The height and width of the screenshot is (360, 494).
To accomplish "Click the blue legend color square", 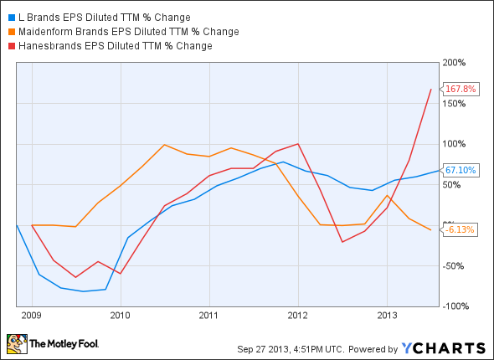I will [x=8, y=17].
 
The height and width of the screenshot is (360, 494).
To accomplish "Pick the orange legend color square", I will [x=8, y=31].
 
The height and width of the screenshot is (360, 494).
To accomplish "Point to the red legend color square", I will [x=8, y=45].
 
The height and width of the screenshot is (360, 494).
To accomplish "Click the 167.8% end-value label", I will [x=461, y=89].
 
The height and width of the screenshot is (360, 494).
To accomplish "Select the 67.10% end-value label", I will [x=461, y=170].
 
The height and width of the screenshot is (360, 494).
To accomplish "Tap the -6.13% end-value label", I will [x=460, y=229].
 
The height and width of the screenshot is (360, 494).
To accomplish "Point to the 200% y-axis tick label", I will [x=454, y=63].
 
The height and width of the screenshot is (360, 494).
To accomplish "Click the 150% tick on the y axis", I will [x=454, y=103].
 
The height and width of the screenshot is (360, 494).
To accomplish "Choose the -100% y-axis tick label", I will [x=454, y=306].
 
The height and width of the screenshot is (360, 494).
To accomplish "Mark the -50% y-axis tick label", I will [x=454, y=265].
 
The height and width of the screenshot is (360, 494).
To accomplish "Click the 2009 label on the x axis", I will [x=32, y=316].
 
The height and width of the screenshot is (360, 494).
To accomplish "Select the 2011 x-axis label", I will [x=209, y=316].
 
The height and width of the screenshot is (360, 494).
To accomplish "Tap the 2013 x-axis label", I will [x=387, y=316].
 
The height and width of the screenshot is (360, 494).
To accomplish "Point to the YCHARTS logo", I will [x=444, y=347].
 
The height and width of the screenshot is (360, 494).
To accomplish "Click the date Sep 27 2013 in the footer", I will [x=260, y=348].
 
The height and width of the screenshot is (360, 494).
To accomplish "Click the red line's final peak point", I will [x=431, y=89].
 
